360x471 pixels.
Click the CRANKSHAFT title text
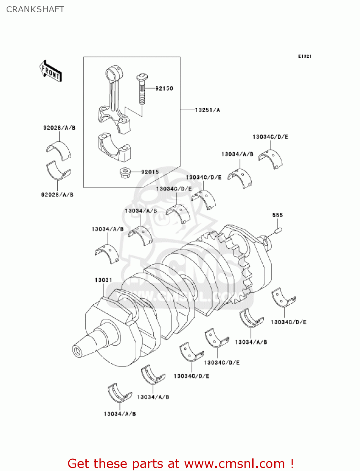[35, 9]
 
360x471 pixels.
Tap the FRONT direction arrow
[51, 71]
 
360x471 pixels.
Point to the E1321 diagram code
[304, 56]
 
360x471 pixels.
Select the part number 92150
[164, 89]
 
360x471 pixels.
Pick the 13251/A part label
[207, 110]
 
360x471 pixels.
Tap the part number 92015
[150, 172]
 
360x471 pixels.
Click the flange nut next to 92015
[125, 172]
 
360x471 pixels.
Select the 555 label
[277, 215]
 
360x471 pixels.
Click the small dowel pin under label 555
[278, 231]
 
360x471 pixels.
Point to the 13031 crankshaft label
[103, 280]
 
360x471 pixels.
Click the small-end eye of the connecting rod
[112, 74]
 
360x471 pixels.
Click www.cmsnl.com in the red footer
[234, 463]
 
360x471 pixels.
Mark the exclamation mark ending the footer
[292, 463]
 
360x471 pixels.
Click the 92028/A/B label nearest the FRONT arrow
[59, 128]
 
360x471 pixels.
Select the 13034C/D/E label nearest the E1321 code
[270, 137]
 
